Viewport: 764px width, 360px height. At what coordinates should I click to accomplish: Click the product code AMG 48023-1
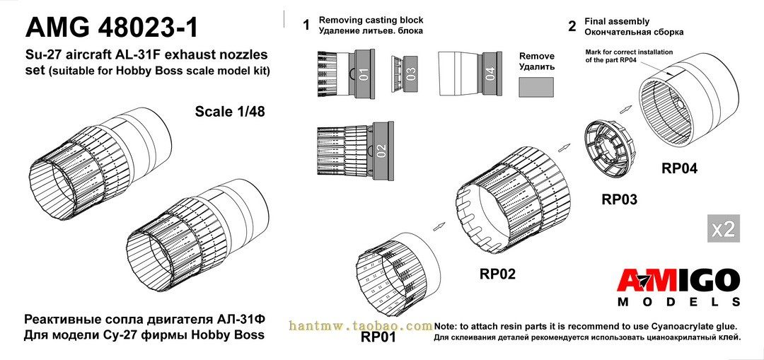[x=112, y=28]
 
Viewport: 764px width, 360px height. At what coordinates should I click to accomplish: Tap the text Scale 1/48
[x=230, y=112]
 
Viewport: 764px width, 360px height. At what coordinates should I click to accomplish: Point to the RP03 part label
[x=619, y=199]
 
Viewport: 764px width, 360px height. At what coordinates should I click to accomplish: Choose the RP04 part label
[x=679, y=169]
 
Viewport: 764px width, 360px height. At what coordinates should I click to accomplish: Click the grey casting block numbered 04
[x=490, y=74]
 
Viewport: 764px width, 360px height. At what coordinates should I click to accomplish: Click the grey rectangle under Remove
[x=537, y=88]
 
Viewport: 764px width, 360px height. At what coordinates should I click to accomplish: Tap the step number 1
[x=306, y=25]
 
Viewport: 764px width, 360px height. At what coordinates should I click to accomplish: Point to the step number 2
[x=572, y=26]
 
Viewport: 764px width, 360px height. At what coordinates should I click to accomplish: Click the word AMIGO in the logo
[x=678, y=281]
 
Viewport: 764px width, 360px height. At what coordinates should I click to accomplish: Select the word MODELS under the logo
[x=678, y=302]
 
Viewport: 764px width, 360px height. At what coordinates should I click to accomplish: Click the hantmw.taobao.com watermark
[x=361, y=325]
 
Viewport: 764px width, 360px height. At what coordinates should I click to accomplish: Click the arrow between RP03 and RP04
[x=625, y=108]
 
